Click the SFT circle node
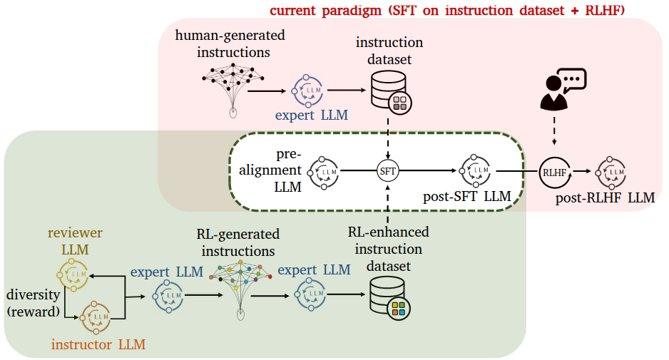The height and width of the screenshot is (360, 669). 387,171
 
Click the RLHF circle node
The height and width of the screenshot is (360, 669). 555,173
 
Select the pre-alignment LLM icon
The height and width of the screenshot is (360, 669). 323,173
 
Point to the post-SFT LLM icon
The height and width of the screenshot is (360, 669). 475,170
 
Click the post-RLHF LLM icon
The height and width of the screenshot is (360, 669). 611,173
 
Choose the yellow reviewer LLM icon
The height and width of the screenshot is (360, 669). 73,275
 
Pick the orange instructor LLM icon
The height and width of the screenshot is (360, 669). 96,318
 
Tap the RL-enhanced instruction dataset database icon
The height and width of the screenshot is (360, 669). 389,298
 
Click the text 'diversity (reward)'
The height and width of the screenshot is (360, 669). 34,303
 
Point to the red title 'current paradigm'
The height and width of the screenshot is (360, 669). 325,10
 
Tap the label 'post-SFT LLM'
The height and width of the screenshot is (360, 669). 466,196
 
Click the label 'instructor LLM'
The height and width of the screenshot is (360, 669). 98,344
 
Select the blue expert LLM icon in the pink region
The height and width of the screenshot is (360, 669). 307,91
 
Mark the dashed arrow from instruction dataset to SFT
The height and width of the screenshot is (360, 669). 388,138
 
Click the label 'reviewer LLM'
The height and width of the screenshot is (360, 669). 75,241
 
